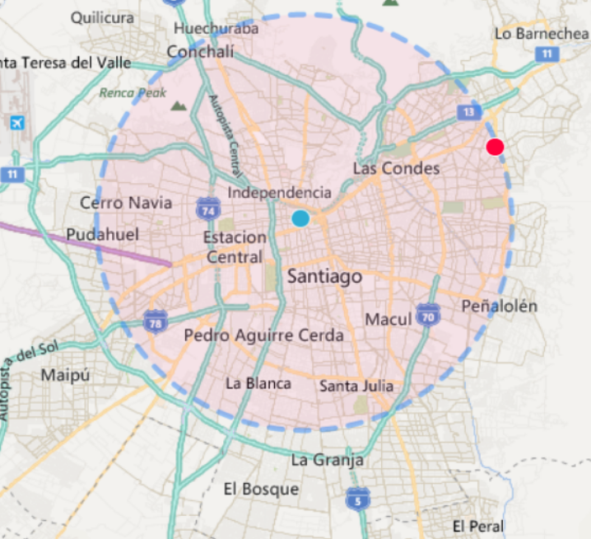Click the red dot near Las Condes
(495, 148)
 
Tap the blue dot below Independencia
(300, 218)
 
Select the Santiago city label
(324, 277)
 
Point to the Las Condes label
(396, 168)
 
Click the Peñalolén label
(499, 306)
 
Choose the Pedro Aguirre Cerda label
(263, 335)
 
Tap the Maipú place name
(65, 376)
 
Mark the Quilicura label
(102, 17)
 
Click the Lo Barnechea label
(542, 33)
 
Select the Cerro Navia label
(126, 203)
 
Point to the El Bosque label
(261, 489)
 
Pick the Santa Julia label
(356, 386)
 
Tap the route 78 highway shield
(153, 321)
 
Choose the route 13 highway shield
(468, 111)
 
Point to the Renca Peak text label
(133, 93)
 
